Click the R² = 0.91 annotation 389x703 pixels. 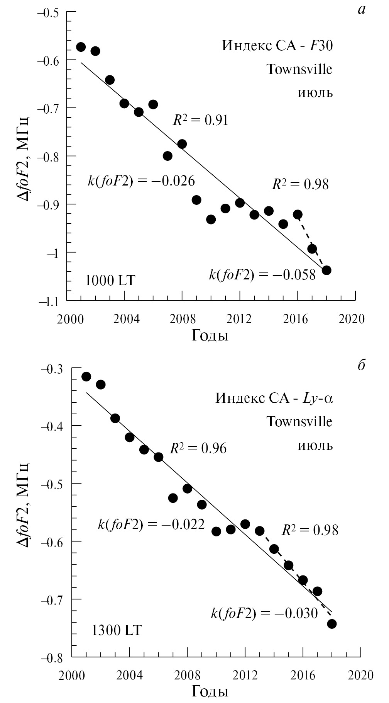pos(200,120)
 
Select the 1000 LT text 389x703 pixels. pos(110,280)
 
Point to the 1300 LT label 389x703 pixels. pos(117,630)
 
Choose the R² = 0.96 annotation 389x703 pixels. pos(198,448)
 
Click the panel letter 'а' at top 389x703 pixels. pos(361,10)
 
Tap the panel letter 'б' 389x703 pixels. pos(361,366)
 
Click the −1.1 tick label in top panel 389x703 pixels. pos(48,300)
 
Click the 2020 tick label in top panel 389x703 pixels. pos(350,319)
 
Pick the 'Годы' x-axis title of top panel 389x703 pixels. pos(210,335)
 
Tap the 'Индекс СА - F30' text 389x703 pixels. pos(277,46)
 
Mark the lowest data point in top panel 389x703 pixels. pos(326,270)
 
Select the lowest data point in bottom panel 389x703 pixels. pos(331,624)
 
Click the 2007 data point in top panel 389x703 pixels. pos(167,156)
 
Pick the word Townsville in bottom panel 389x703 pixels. pos(299,422)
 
